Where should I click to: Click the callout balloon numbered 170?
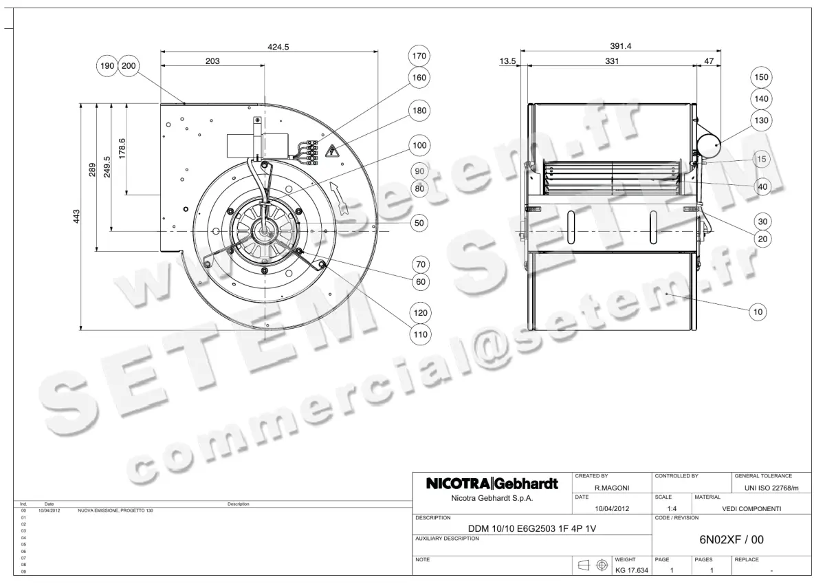[419, 55]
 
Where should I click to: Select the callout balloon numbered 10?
[758, 312]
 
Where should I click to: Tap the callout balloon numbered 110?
[419, 335]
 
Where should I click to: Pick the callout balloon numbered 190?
[107, 66]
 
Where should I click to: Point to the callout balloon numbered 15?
[761, 159]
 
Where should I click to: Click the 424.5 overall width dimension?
[278, 47]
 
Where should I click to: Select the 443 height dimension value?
[77, 216]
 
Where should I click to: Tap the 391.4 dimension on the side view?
[621, 46]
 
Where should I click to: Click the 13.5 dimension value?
[507, 61]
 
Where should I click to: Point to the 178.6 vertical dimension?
[122, 148]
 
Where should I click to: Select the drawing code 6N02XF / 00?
[731, 540]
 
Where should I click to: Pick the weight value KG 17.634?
[631, 570]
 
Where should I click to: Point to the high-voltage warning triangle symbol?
[333, 151]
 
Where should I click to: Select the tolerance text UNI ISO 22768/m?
[771, 488]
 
